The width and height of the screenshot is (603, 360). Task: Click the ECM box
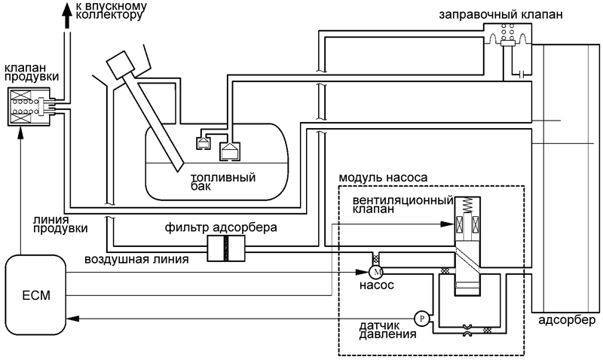(35, 295)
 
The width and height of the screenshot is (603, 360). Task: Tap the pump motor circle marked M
(375, 272)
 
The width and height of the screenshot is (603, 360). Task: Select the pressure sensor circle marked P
(422, 319)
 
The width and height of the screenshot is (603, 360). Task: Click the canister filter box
(226, 249)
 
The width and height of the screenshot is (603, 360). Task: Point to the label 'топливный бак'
(223, 182)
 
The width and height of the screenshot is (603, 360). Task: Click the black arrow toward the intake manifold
(67, 15)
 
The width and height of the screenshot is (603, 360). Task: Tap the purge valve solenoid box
(29, 106)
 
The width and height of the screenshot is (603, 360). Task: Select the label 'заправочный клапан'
(500, 14)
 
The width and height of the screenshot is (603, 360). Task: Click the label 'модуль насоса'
(383, 178)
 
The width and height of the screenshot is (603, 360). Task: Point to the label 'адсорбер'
(567, 320)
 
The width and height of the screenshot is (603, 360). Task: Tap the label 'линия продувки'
(60, 224)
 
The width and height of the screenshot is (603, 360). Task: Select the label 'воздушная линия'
(136, 259)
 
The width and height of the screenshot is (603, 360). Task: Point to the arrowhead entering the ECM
(73, 319)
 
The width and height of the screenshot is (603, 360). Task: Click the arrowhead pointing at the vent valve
(447, 224)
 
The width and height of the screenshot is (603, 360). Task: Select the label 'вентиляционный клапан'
(403, 204)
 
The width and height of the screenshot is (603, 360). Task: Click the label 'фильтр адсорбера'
(221, 227)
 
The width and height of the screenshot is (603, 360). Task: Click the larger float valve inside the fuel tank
(230, 151)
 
